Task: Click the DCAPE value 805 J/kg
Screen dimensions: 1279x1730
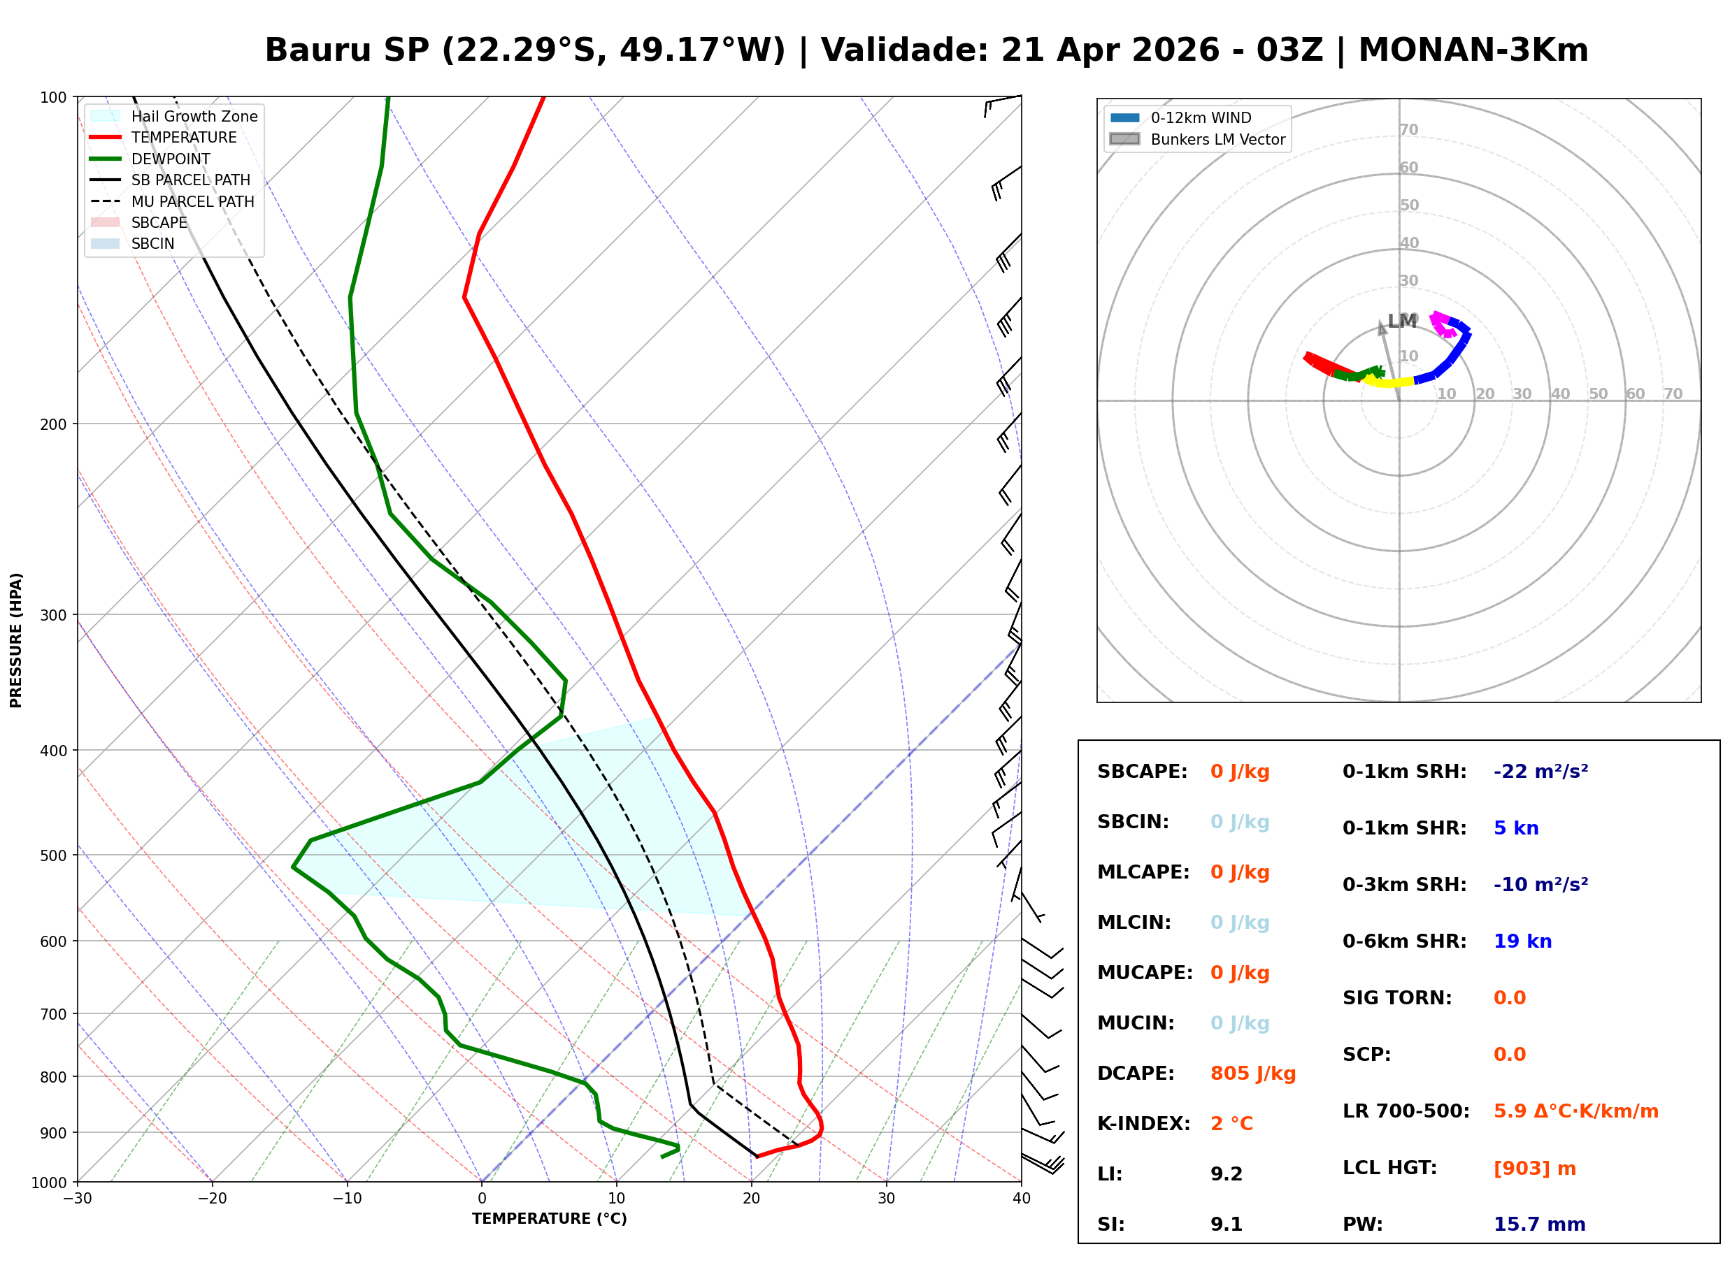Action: point(1252,1073)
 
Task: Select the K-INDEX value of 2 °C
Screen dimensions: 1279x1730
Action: point(1231,1123)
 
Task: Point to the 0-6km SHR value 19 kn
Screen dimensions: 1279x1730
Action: point(1522,941)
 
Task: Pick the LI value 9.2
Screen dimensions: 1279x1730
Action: point(1226,1173)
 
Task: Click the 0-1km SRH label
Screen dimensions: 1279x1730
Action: point(1404,771)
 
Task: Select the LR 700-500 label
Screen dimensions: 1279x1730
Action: point(1406,1111)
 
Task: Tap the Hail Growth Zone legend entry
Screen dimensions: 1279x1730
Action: point(194,116)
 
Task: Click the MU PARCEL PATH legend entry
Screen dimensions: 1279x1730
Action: point(192,201)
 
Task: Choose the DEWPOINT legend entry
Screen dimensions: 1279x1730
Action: point(171,159)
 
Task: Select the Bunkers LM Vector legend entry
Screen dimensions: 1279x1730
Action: point(1217,139)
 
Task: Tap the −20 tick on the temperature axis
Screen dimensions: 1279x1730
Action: point(212,1199)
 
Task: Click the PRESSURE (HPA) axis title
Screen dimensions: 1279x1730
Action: point(16,639)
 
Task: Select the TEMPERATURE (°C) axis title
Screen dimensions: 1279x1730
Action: point(549,1219)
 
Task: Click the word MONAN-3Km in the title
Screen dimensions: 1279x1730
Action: point(1473,50)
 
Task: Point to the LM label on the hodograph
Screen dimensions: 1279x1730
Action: point(1401,321)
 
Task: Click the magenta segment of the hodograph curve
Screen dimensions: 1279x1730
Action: point(1441,324)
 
